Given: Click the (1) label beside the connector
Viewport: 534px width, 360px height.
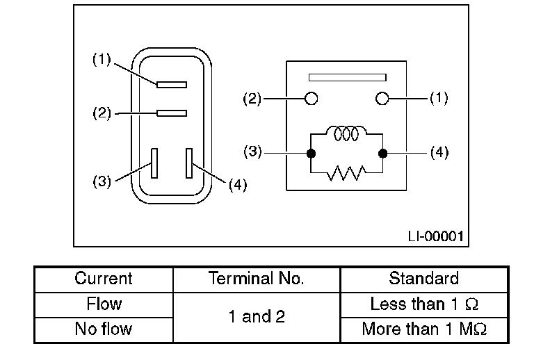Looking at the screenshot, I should [x=102, y=60].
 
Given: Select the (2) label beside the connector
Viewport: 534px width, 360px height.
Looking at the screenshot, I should [x=102, y=113].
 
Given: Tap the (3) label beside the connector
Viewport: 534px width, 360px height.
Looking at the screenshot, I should [x=102, y=182].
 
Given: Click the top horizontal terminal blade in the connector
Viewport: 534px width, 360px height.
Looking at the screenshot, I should [x=172, y=85].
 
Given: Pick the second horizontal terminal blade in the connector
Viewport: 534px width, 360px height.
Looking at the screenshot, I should [x=172, y=113].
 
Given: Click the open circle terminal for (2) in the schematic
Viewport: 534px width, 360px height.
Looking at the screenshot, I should [x=311, y=99].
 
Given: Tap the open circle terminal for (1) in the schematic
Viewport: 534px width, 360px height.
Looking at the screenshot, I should [x=381, y=99].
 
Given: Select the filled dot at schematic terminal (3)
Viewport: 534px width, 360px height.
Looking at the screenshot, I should [x=311, y=153].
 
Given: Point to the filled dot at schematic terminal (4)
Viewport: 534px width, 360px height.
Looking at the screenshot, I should [x=381, y=153].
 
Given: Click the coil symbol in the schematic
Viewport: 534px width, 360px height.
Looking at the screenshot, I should [x=346, y=134].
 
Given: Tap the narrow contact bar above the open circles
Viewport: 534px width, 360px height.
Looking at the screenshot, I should [x=347, y=77].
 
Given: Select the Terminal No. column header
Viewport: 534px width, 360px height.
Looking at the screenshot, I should [x=257, y=279].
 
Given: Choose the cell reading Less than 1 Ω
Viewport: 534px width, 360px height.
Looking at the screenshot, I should [x=423, y=304].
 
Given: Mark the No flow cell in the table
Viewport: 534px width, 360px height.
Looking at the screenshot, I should [x=104, y=329].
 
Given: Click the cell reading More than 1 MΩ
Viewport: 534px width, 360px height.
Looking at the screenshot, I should [x=423, y=329].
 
